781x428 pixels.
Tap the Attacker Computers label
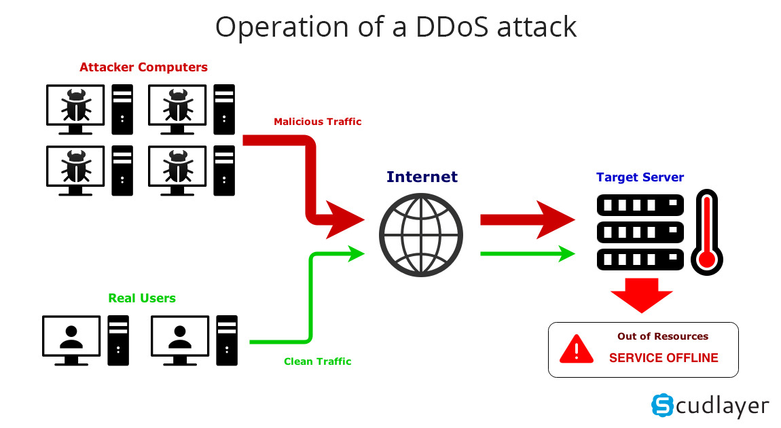(143, 67)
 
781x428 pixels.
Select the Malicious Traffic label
(317, 122)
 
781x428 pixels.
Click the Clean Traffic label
(317, 361)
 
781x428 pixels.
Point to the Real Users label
(142, 298)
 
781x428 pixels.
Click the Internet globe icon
(421, 234)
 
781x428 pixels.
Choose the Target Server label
(640, 177)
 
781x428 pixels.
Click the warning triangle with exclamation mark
(577, 349)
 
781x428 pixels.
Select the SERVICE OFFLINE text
(663, 358)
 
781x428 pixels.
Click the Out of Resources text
(662, 336)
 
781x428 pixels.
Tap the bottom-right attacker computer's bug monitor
(177, 166)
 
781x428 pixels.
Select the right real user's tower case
(227, 340)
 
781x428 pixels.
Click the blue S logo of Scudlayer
(662, 405)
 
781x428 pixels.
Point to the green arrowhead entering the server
(564, 253)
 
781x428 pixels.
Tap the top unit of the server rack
(640, 204)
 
